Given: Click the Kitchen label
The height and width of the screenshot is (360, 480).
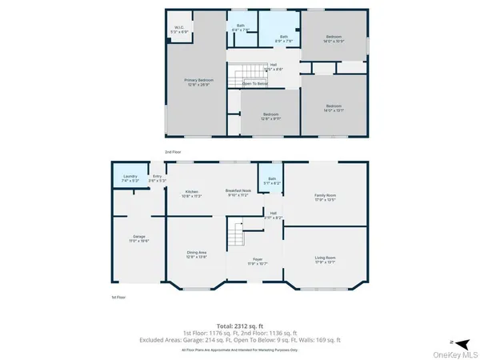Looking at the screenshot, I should (192, 194).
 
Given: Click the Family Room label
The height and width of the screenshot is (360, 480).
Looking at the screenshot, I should (323, 198).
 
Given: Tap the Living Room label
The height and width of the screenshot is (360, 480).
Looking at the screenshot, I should (323, 260).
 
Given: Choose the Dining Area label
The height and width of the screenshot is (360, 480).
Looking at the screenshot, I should (197, 255).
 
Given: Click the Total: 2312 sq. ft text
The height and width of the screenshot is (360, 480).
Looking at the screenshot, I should (240, 326).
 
